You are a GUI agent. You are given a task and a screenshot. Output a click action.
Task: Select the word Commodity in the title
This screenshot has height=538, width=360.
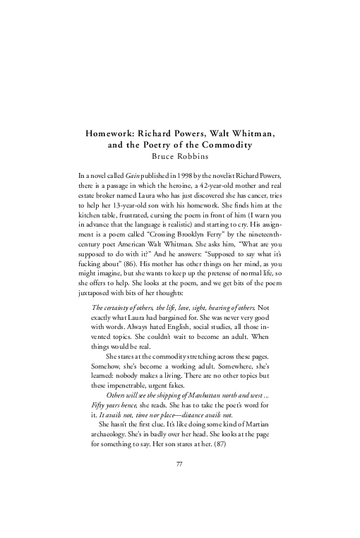pyautogui.click(x=230, y=144)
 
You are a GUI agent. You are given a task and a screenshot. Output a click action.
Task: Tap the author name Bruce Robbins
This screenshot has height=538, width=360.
pyautogui.click(x=180, y=155)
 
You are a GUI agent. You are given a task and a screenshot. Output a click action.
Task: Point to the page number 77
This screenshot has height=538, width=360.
pyautogui.click(x=179, y=483)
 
